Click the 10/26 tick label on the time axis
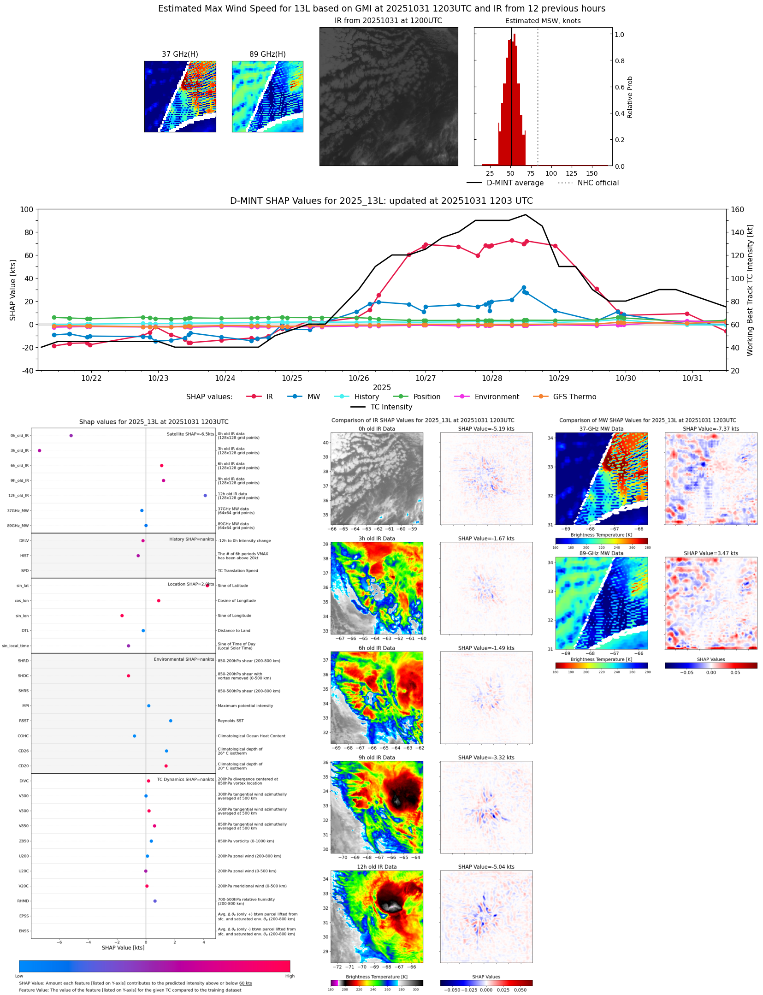pyautogui.click(x=358, y=378)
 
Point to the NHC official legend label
pyautogui.click(x=597, y=183)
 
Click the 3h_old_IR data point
pyautogui.click(x=40, y=450)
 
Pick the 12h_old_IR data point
pyautogui.click(x=205, y=495)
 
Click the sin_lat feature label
pyautogui.click(x=23, y=586)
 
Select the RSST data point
pyautogui.click(x=171, y=721)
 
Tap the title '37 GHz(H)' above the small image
pyautogui.click(x=180, y=54)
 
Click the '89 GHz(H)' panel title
pyautogui.click(x=267, y=54)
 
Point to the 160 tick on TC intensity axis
pyautogui.click(x=737, y=209)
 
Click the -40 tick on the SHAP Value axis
pyautogui.click(x=26, y=370)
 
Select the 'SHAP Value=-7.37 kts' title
pyautogui.click(x=710, y=429)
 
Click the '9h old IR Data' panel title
pyautogui.click(x=377, y=758)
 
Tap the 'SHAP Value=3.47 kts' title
pyautogui.click(x=710, y=553)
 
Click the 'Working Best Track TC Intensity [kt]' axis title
pyautogui.click(x=750, y=290)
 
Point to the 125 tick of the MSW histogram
pyautogui.click(x=571, y=173)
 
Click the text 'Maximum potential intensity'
pyautogui.click(x=245, y=705)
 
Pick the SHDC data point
pyautogui.click(x=129, y=676)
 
